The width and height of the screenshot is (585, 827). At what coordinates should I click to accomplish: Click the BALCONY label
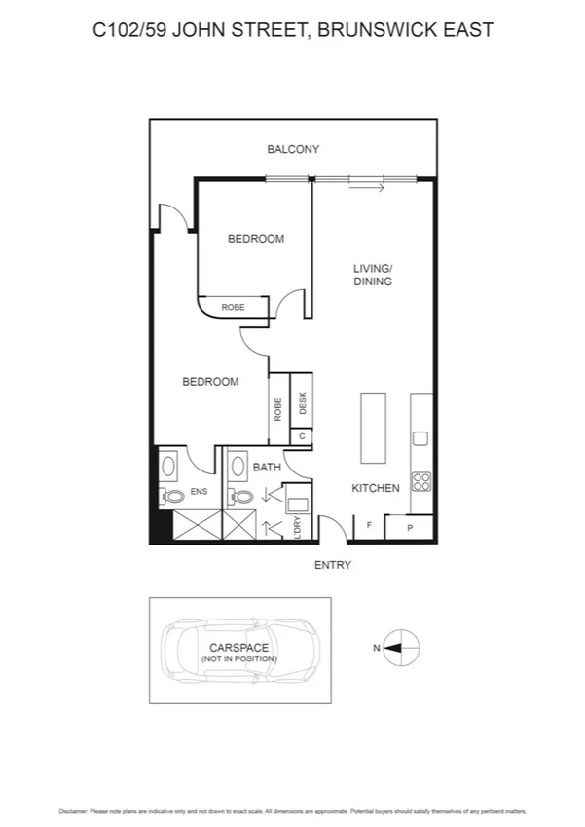[293, 149]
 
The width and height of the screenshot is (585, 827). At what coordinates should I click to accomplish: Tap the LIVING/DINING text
[372, 275]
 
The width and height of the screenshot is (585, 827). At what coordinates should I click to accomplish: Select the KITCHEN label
[376, 488]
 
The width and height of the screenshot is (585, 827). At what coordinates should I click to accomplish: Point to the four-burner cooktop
[422, 482]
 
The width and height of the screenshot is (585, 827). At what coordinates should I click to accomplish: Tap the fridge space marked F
[369, 527]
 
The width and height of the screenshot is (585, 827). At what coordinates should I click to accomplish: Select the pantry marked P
[409, 527]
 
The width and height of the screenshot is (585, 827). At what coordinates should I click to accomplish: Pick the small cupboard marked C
[302, 436]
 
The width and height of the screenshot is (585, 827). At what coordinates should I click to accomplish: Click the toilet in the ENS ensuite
[173, 496]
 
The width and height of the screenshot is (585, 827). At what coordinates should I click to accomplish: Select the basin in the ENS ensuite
[167, 466]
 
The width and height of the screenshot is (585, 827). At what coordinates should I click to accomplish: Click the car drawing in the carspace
[238, 650]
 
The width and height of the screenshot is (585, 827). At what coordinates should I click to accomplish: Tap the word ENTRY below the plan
[332, 565]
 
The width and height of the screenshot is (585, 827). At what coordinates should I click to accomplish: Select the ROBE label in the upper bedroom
[233, 307]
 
